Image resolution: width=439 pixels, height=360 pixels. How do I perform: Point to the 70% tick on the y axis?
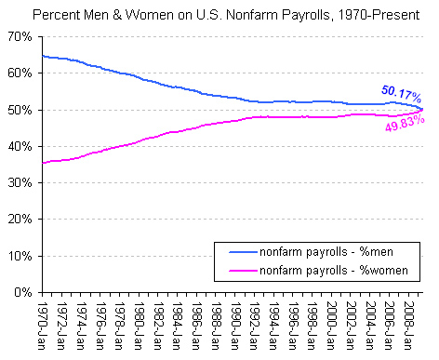[x=20, y=36]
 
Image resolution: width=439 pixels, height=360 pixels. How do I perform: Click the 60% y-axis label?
[x=20, y=73]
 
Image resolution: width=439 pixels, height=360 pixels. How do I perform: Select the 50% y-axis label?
[x=20, y=110]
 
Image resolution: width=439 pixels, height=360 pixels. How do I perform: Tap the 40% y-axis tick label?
[x=20, y=146]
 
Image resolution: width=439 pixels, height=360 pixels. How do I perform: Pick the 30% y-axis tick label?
[x=20, y=182]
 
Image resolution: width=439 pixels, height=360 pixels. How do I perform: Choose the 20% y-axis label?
[x=20, y=220]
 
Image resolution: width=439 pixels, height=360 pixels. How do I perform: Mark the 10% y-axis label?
[x=20, y=256]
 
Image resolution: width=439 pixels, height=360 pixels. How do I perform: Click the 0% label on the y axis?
[x=24, y=292]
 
